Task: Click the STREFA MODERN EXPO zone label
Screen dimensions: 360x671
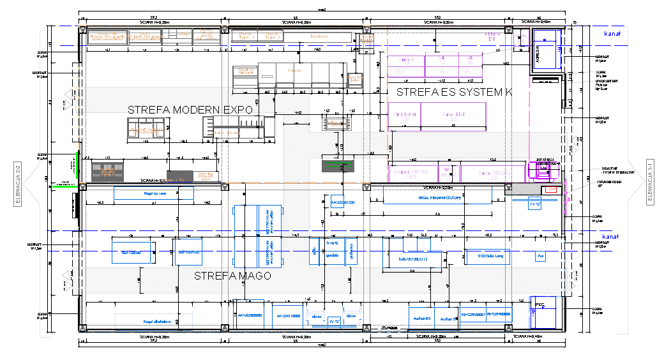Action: click(x=190, y=109)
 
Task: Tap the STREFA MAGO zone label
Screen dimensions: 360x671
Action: click(x=232, y=276)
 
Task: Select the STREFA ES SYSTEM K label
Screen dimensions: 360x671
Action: click(x=454, y=92)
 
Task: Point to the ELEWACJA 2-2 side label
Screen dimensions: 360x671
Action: click(x=18, y=183)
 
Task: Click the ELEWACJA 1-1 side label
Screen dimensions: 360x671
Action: click(x=649, y=183)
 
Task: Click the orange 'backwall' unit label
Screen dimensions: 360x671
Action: click(x=319, y=36)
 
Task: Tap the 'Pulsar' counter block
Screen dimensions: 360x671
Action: click(x=294, y=71)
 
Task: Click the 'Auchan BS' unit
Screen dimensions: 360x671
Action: click(x=421, y=318)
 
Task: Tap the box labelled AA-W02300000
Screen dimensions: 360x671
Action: click(x=250, y=315)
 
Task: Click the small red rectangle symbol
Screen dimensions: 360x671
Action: click(x=548, y=190)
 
